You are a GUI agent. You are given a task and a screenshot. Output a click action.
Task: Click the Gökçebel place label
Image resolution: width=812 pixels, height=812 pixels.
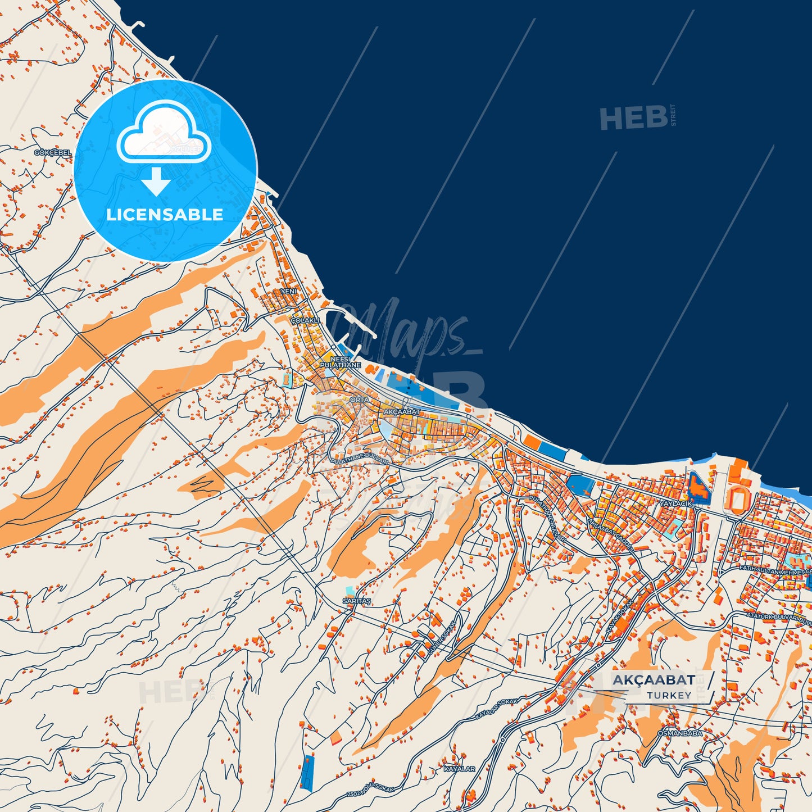pos(53,153)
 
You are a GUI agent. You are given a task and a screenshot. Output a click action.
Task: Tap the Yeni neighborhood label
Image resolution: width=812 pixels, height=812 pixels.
pos(289,292)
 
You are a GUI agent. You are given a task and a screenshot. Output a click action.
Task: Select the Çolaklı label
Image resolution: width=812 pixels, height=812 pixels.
pos(305,320)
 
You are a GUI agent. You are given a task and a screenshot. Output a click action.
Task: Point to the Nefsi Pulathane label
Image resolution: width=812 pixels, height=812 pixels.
pos(340,362)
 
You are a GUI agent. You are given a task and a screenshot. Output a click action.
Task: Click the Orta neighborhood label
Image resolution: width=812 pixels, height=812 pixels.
pos(360,400)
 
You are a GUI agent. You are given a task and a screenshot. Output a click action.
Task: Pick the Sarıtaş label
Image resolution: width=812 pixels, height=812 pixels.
pos(357,601)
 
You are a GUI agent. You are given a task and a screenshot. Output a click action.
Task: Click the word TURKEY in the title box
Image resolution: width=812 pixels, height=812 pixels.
pos(669,695)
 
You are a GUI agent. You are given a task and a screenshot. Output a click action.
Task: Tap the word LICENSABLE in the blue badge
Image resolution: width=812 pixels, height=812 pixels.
pos(165,214)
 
